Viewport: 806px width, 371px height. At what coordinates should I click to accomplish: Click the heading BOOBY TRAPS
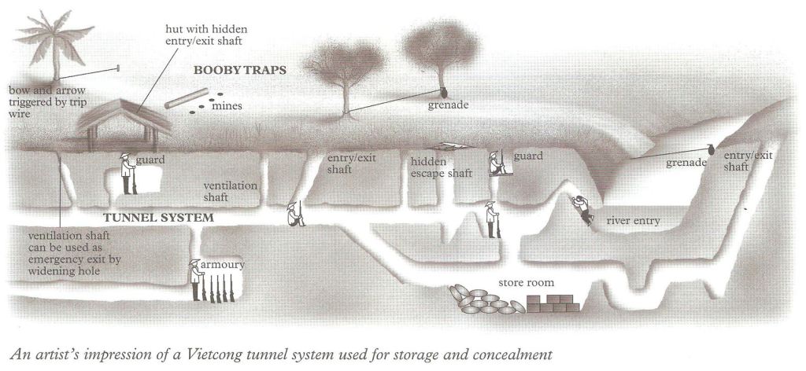point(239,70)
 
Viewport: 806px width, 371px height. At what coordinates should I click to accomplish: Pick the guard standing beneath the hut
point(126,173)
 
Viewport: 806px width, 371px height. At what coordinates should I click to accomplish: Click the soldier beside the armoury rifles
point(194,278)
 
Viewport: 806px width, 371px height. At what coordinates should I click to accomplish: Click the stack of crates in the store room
point(555,304)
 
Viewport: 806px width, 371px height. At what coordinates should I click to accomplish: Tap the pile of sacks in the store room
point(482,301)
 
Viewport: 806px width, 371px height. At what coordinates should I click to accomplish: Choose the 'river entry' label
point(633,221)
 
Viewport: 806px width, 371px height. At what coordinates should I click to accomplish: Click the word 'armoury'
point(223,265)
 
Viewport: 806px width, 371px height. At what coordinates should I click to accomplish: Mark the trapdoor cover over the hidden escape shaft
point(444,147)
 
